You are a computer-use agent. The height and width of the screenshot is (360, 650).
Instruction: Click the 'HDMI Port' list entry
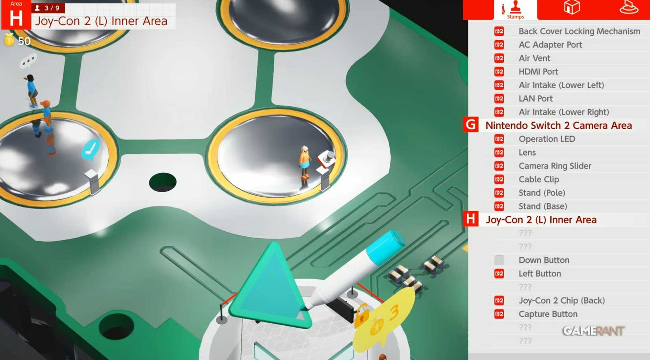(x=538, y=72)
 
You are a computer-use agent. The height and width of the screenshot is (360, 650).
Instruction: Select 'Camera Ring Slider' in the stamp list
(x=555, y=166)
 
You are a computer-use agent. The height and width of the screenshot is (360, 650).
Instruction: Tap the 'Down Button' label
(x=544, y=260)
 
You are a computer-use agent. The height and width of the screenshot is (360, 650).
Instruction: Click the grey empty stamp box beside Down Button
(x=499, y=260)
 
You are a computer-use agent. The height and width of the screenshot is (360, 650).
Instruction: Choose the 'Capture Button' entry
(x=548, y=314)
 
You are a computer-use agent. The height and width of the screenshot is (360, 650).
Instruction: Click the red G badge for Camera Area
(x=471, y=125)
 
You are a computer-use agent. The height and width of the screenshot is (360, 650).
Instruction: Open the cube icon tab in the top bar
(x=572, y=8)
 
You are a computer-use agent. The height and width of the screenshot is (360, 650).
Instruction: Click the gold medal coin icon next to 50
(x=9, y=40)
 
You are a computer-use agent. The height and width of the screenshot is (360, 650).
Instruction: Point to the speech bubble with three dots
(x=28, y=61)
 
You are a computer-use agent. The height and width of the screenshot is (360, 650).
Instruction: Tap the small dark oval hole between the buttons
(x=163, y=182)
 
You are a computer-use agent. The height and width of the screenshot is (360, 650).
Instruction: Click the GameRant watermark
(x=593, y=330)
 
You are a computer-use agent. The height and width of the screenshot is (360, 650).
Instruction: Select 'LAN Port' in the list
(x=535, y=98)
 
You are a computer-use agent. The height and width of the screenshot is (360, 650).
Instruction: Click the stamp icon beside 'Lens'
(x=499, y=152)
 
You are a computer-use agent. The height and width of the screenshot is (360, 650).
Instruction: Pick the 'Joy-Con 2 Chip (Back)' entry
(x=561, y=301)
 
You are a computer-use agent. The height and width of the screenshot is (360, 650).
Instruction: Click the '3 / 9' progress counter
(x=48, y=8)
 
